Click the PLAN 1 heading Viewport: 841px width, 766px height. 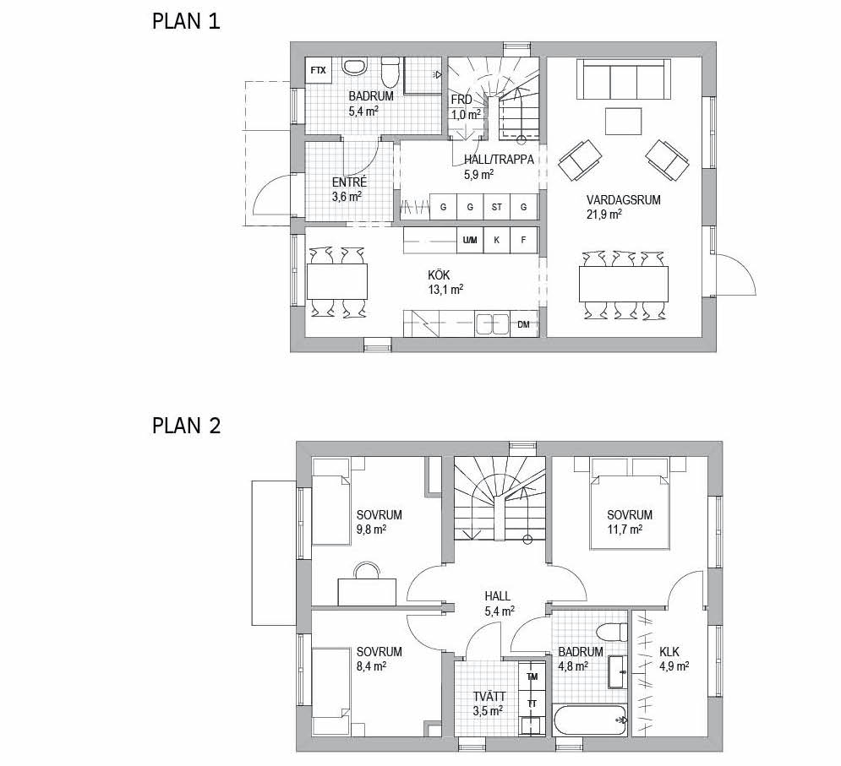(186, 22)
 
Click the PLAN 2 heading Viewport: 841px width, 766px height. (187, 426)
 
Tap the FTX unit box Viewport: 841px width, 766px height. (318, 70)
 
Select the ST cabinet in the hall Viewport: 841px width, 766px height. (497, 207)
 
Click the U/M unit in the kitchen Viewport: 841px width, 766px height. (470, 240)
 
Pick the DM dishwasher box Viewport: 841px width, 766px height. (524, 324)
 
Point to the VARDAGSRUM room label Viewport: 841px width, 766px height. (623, 200)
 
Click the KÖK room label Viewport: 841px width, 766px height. (439, 275)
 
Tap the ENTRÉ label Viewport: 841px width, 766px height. (349, 182)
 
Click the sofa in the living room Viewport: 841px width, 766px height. (623, 79)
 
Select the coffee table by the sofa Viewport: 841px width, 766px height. (623, 121)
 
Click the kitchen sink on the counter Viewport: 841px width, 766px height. (493, 324)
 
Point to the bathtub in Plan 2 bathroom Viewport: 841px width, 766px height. (590, 720)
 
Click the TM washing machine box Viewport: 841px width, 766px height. (532, 676)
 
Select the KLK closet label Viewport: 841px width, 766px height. (669, 652)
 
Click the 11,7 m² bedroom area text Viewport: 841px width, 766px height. (625, 530)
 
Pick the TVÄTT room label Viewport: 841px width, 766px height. (489, 697)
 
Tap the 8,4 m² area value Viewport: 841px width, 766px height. (372, 666)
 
